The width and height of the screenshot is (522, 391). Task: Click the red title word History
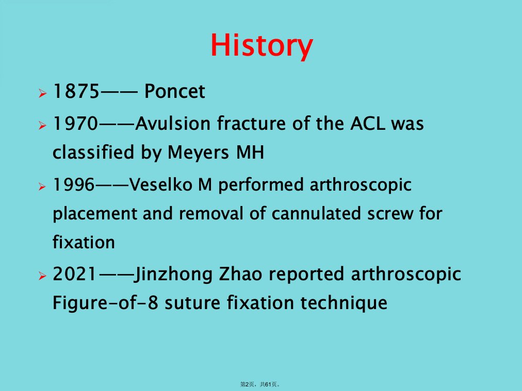coord(262,46)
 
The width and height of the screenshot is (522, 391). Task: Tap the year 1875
coord(76,91)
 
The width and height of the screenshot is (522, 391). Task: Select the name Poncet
coord(174,91)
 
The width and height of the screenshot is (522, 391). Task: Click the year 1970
coord(76,123)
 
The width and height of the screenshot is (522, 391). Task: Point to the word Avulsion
coord(173,123)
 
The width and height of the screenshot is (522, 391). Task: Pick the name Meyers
coord(198,152)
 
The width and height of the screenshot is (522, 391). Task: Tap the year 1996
coord(74,184)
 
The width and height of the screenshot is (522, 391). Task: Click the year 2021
coord(75,274)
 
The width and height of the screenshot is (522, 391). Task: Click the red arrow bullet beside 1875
coord(42,93)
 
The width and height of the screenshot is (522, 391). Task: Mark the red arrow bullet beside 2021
coord(42,276)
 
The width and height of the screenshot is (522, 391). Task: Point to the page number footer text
coord(260,384)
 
